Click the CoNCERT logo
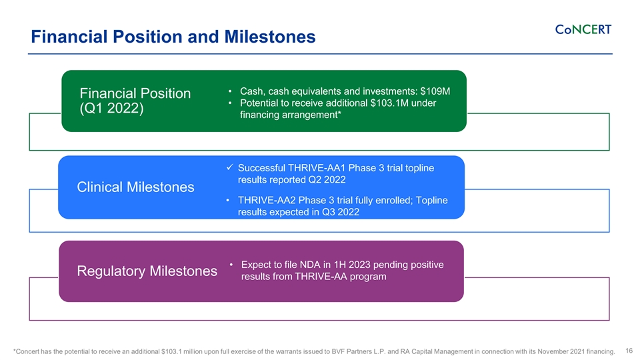(583, 30)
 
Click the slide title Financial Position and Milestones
(173, 37)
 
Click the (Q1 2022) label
(111, 109)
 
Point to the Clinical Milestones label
(135, 187)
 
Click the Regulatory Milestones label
(147, 271)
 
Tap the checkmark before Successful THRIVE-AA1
(230, 167)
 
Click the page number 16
(629, 351)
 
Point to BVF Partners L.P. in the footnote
(357, 351)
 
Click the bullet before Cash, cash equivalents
(230, 91)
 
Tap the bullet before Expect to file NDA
(231, 265)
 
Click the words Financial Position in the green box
(135, 93)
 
